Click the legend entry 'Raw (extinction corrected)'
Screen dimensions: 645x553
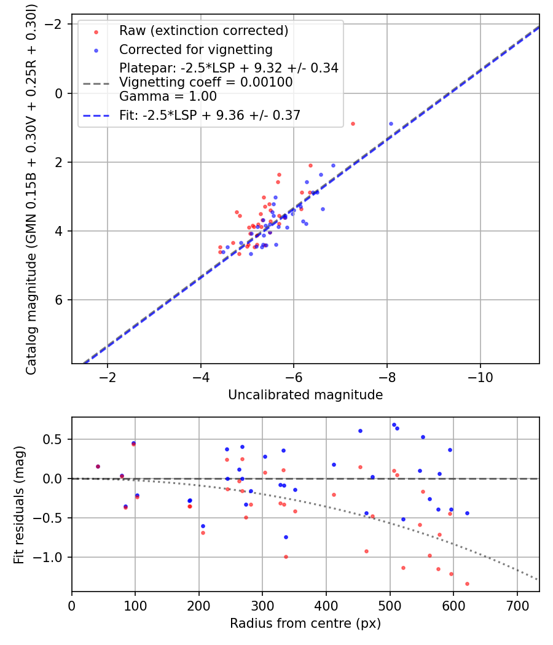coord(203,31)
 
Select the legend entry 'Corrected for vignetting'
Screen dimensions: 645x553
coord(195,49)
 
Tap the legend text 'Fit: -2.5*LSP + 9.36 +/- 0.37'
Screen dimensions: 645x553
coord(210,114)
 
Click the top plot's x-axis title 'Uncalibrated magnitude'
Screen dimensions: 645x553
coord(305,395)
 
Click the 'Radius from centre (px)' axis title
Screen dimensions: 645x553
coord(305,623)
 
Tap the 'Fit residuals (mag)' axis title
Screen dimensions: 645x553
coord(19,504)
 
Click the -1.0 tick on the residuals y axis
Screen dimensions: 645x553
coord(53,557)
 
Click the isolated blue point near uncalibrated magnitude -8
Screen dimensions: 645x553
coord(391,123)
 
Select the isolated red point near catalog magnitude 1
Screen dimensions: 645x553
coord(353,123)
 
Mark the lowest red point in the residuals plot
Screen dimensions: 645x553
coord(467,584)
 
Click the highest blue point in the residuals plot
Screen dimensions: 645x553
coord(394,424)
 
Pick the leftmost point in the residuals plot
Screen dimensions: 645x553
coord(98,466)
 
